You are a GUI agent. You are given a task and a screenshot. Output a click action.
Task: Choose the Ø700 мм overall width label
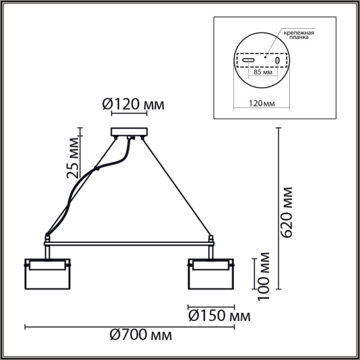(x=137, y=334)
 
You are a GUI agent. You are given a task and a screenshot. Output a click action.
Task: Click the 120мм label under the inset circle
(x=262, y=103)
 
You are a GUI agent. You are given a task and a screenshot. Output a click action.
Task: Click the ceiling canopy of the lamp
(x=128, y=133)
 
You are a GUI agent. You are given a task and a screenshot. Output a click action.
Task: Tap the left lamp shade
(x=47, y=275)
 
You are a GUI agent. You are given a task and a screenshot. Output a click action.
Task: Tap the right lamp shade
(x=211, y=275)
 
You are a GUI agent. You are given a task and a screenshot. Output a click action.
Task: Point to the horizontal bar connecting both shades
(x=128, y=244)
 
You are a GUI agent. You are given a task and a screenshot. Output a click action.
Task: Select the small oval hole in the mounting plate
(x=277, y=61)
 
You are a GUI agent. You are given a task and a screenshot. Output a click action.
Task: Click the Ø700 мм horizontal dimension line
(x=129, y=327)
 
